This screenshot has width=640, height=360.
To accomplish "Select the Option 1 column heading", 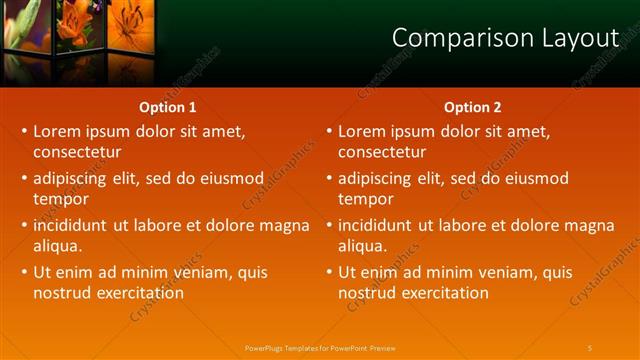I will (x=166, y=107).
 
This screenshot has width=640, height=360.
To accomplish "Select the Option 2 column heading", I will (x=473, y=107).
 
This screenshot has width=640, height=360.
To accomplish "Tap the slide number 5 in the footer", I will (x=590, y=347).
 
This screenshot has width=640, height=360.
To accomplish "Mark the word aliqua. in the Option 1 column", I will (x=57, y=246).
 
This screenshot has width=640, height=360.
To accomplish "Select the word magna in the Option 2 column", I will (x=591, y=225).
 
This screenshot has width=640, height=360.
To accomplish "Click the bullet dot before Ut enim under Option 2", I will (x=330, y=272).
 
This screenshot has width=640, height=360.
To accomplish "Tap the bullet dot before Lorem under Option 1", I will (x=25, y=131).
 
